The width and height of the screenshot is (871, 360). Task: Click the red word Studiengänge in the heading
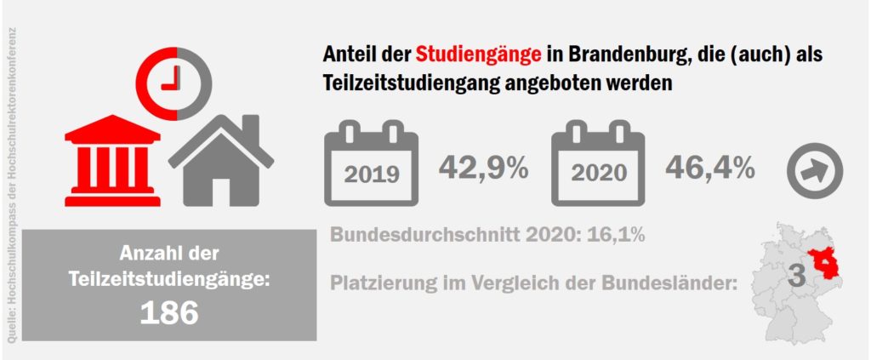click(478, 54)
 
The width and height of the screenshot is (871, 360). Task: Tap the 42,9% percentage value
click(483, 168)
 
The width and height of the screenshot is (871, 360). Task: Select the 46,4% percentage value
click(709, 168)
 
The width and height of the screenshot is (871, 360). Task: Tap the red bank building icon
click(112, 159)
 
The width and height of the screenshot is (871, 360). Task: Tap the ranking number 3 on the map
click(797, 276)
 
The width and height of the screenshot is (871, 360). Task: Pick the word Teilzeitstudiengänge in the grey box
click(169, 278)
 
